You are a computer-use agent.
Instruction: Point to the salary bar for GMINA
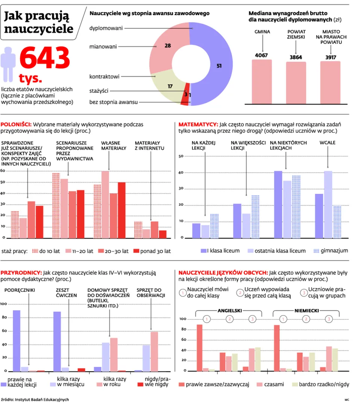(262, 82)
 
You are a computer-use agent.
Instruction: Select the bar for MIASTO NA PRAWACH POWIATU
(330, 82)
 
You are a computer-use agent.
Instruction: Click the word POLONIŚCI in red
(16, 124)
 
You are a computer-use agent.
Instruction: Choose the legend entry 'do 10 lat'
(45, 251)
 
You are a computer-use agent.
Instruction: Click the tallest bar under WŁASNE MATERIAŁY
(105, 204)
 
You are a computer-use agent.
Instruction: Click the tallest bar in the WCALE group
(328, 204)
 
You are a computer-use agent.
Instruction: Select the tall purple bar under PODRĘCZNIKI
(16, 341)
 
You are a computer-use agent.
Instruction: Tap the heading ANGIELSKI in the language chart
(229, 310)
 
